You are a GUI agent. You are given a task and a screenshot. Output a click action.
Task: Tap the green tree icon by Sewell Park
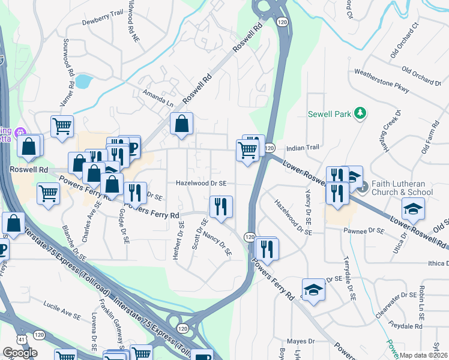(x=360, y=113)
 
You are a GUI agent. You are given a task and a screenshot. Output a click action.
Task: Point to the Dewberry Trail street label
(x=102, y=20)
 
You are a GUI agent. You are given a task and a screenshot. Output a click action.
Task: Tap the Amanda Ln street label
(x=158, y=98)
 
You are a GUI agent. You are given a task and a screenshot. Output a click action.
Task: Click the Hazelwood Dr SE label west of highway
(x=201, y=183)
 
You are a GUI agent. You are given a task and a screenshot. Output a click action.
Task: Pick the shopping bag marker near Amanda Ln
(x=181, y=124)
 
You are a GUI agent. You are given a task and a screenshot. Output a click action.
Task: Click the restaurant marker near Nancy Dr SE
(x=221, y=207)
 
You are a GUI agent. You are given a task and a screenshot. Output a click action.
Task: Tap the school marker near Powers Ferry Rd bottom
(x=313, y=290)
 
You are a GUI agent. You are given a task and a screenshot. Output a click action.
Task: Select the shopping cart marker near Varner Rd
(x=62, y=126)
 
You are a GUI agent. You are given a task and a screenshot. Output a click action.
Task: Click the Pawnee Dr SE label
(x=363, y=230)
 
